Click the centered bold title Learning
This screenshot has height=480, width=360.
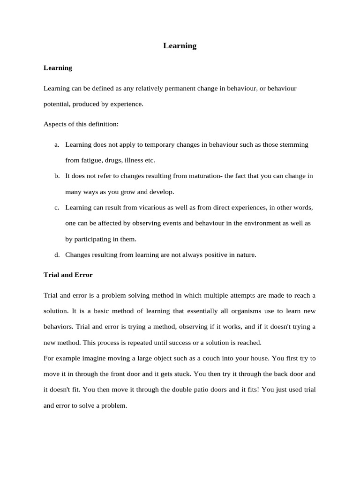[x=180, y=46]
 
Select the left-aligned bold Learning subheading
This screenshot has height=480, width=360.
[x=58, y=68]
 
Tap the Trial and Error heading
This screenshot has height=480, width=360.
[x=68, y=275]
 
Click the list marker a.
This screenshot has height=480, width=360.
[x=57, y=145]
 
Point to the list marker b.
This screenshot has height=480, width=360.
[x=57, y=176]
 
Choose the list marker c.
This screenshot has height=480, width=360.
[x=57, y=208]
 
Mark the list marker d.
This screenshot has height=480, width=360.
[x=57, y=255]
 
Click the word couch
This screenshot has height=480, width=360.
[x=185, y=359]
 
